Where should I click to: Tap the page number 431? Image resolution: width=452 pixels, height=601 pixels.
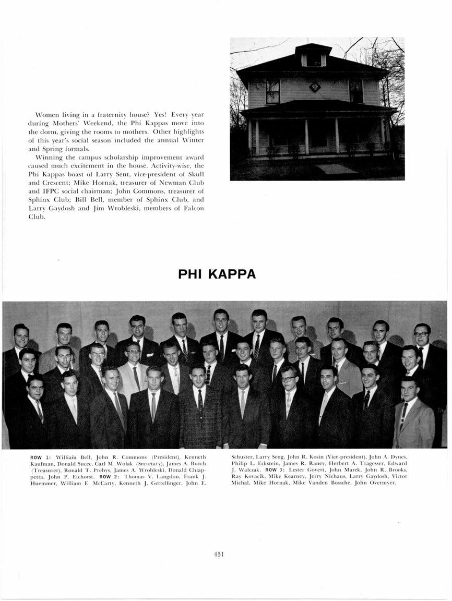coord(219,555)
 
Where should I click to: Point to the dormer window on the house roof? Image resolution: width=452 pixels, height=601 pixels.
coord(313,58)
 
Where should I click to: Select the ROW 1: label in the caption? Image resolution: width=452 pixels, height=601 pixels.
coord(40,458)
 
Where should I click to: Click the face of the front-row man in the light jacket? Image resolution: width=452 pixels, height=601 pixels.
coord(410,389)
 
